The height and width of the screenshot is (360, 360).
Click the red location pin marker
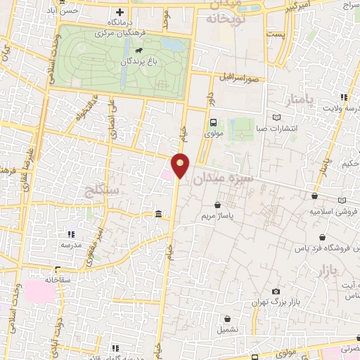181,165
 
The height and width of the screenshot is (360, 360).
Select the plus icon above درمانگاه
120,12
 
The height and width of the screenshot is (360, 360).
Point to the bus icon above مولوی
213,122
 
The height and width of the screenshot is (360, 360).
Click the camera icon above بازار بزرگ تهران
276,291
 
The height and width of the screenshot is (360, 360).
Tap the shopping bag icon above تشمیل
227,318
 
